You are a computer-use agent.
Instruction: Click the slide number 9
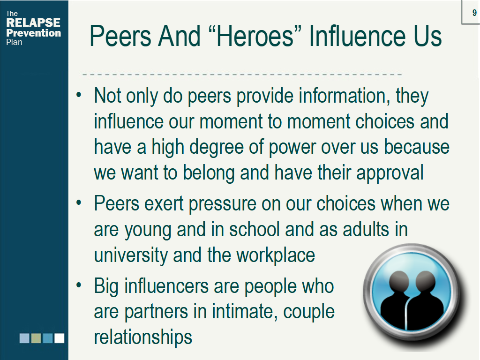tap(474, 13)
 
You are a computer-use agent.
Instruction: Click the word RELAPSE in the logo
tap(33, 22)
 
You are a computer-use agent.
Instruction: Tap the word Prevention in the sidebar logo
tap(34, 33)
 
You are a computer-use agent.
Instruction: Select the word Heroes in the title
tap(255, 36)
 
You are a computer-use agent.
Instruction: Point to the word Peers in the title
tap(120, 36)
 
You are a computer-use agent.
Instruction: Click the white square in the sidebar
tap(60, 338)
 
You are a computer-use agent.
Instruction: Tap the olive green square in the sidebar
tap(36, 338)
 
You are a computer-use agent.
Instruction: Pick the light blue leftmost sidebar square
tap(24, 338)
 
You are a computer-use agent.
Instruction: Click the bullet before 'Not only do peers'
tap(79, 95)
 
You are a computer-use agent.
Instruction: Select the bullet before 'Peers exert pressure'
tap(79, 202)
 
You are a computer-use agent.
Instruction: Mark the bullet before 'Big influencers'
tap(79, 285)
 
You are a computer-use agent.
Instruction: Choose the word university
tap(131, 255)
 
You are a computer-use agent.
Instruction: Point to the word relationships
tap(143, 337)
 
